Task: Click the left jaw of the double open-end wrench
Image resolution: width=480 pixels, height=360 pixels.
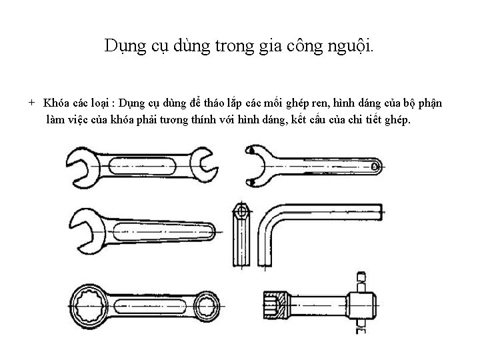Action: click(x=84, y=165)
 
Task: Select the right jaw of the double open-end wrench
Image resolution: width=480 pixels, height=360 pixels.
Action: click(x=203, y=165)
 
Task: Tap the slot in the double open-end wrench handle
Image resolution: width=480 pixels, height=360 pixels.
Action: click(x=143, y=165)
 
